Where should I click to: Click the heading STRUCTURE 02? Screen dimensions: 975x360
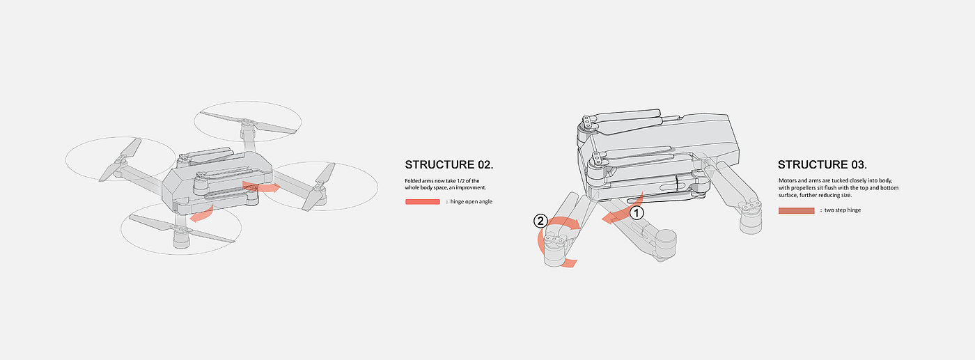point(448,165)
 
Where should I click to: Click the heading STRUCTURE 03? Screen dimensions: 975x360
point(822,165)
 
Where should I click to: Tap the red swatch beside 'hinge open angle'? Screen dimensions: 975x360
point(422,202)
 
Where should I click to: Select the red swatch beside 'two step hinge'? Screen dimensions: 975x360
point(796,210)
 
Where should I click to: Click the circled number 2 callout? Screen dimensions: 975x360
point(540,221)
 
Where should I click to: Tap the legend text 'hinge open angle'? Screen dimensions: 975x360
point(471,202)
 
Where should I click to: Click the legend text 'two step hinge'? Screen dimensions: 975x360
point(843,210)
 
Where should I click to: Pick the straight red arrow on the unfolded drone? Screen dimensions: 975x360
point(260,187)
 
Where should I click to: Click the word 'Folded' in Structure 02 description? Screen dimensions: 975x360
point(413,181)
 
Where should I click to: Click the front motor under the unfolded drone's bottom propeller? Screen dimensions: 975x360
point(181,238)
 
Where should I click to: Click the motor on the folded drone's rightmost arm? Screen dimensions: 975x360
point(751,217)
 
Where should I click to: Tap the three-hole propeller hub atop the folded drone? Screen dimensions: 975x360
point(588,121)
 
